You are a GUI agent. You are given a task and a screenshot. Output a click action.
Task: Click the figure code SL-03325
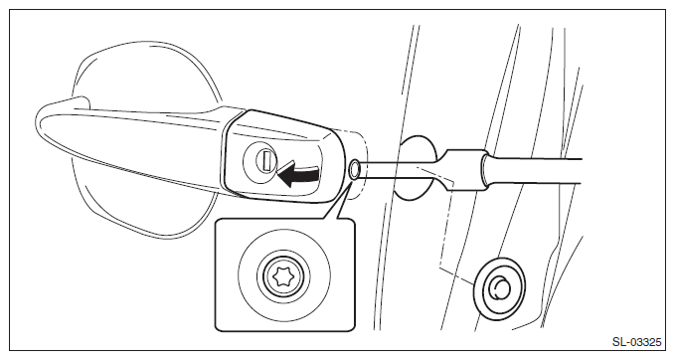(636, 342)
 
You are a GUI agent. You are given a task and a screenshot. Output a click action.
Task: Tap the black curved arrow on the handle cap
(298, 174)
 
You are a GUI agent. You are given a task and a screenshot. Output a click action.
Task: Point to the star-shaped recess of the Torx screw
(284, 276)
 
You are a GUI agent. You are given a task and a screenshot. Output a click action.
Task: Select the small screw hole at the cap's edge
(355, 169)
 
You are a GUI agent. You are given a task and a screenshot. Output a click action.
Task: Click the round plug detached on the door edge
(499, 288)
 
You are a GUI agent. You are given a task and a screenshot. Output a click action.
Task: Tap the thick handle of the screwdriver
(534, 171)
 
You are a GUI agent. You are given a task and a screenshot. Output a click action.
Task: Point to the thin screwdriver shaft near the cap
(399, 170)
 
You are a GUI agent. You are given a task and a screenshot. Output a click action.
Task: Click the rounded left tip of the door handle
(41, 122)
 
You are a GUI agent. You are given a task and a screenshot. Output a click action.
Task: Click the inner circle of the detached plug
(500, 288)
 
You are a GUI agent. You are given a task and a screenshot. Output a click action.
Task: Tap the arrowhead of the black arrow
(285, 177)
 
